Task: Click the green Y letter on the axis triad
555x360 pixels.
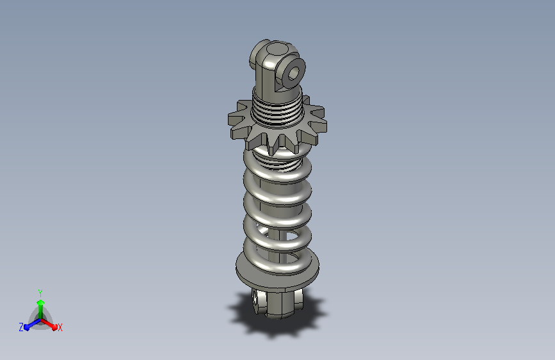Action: pos(40,293)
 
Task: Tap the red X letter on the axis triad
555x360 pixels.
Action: pos(60,328)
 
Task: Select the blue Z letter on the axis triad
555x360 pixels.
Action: pos(21,327)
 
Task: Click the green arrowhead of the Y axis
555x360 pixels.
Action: pos(40,303)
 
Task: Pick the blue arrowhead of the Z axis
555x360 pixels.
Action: pos(28,327)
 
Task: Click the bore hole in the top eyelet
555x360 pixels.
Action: pos(293,74)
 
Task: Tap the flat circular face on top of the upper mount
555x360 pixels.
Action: pos(278,49)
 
